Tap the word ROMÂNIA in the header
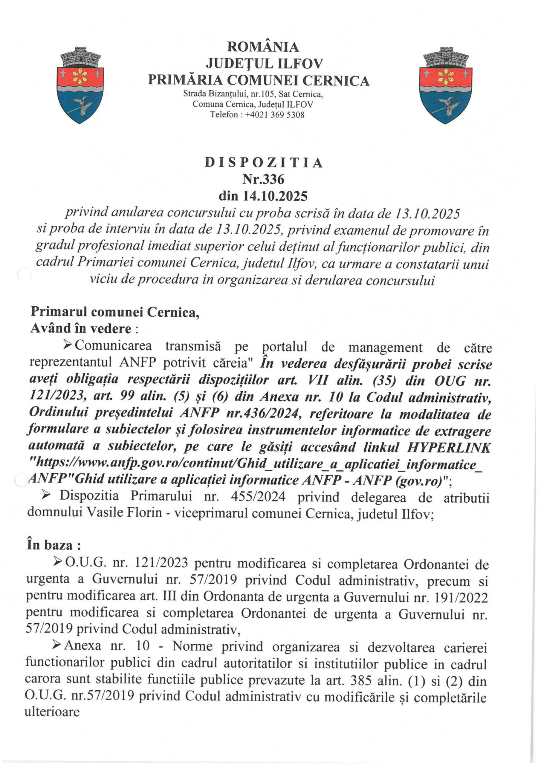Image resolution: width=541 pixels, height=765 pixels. coord(263,47)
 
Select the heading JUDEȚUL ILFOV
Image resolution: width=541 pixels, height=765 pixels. coord(264,64)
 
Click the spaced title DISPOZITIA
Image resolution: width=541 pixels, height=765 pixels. coord(263,163)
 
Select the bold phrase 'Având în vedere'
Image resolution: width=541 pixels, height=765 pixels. coord(81,328)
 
